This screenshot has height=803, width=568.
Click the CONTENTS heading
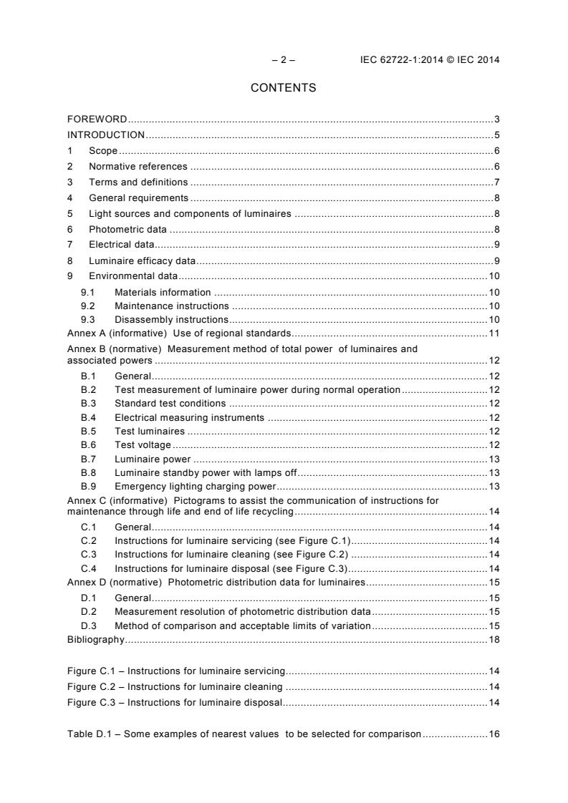(283, 88)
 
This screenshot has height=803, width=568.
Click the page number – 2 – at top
(284, 60)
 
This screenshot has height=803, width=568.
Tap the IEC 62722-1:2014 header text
(430, 60)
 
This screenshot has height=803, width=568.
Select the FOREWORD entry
(97, 119)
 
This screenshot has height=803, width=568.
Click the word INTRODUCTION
(106, 135)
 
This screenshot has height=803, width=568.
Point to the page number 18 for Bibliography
(494, 639)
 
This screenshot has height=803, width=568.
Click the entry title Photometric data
(127, 230)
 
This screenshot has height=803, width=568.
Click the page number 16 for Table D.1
(494, 734)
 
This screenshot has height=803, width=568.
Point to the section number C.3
(88, 554)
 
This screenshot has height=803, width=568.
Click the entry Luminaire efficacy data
(142, 261)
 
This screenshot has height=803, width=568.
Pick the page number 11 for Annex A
(494, 333)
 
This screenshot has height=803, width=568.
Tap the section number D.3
(88, 626)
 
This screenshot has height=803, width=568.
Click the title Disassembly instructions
(171, 319)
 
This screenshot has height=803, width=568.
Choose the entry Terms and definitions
(138, 182)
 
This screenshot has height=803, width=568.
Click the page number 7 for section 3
(496, 182)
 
